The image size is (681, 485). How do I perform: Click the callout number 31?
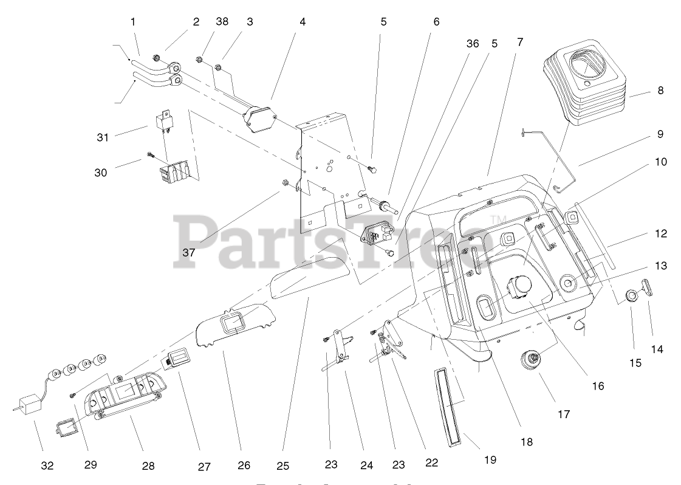coord(103,137)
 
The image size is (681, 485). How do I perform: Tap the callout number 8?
coord(660,91)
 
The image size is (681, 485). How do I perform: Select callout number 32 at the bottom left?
coord(47,466)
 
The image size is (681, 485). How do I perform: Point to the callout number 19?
coord(490,460)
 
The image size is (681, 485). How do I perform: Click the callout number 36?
coord(473,44)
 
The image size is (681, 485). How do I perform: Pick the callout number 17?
coord(564,414)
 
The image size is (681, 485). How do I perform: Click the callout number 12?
coord(661,233)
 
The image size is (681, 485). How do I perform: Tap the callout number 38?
coord(222,21)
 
